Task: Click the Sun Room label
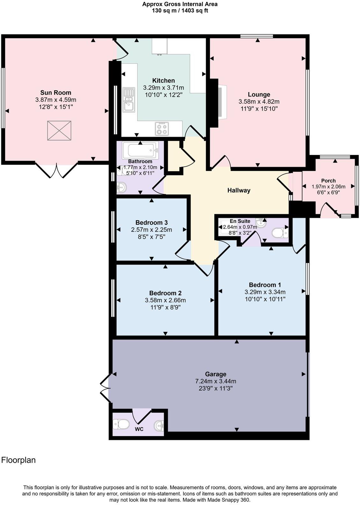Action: tap(55, 93)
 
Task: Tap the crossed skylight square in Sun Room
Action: tap(59, 130)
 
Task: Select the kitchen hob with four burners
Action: tap(162, 129)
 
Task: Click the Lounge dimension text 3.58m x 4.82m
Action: tap(259, 102)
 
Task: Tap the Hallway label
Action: tap(239, 190)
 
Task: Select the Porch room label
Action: tap(328, 180)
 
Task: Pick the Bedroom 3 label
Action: tap(151, 223)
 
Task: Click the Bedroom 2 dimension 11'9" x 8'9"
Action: tap(165, 307)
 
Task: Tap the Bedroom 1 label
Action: tap(265, 285)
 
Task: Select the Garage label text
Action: tap(215, 374)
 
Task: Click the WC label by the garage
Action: tap(139, 429)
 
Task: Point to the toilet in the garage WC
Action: tap(121, 424)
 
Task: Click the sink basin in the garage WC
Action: tap(159, 425)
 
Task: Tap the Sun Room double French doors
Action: tap(56, 171)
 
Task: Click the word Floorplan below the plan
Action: tap(18, 460)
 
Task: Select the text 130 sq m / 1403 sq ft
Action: tap(180, 11)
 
